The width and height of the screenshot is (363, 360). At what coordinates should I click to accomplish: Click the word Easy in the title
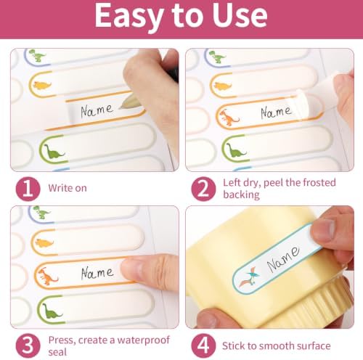(129, 17)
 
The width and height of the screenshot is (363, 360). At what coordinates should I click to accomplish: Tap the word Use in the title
(240, 15)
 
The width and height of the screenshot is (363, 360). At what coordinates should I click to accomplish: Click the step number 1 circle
(28, 189)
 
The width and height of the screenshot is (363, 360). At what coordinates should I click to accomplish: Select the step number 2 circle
(203, 189)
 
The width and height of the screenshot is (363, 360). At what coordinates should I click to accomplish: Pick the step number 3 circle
(28, 345)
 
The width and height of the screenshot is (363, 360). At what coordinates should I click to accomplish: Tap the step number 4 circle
(203, 345)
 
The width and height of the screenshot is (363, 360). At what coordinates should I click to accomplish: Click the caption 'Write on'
(68, 188)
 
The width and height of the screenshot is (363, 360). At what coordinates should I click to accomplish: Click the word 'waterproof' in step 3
(144, 340)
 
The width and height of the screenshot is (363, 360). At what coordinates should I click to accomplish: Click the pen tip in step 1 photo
(121, 107)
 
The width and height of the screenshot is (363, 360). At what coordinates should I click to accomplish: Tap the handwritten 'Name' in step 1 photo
(97, 111)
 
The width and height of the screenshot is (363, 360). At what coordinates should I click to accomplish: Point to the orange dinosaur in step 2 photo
(229, 118)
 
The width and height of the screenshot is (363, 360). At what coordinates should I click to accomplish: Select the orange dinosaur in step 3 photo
(48, 277)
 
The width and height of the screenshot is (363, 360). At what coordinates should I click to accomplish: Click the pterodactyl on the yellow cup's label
(249, 278)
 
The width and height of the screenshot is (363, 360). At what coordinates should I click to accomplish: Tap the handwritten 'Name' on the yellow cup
(283, 259)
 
